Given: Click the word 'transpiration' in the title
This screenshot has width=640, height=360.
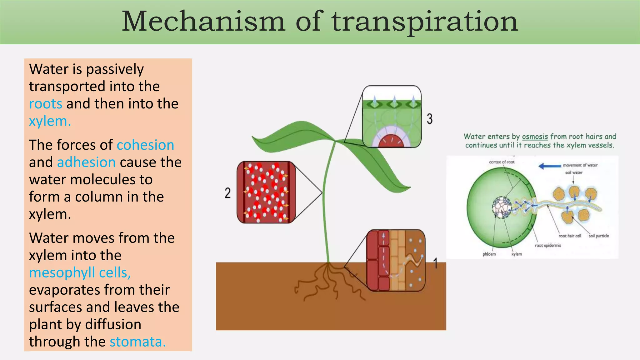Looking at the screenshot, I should coord(425,22).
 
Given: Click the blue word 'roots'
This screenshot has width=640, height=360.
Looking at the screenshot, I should coord(45,104).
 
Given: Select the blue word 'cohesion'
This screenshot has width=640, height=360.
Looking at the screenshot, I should coord(145,145).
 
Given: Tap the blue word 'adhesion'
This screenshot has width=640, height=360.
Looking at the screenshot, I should coord(86,162).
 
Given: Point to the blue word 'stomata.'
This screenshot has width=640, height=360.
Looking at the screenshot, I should coord(137,342).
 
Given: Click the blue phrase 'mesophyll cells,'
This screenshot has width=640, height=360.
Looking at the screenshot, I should coord(80,272).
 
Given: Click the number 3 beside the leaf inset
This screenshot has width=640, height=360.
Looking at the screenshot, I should coord(430,119).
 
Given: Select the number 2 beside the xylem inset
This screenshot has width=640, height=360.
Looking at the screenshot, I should coord(227,193).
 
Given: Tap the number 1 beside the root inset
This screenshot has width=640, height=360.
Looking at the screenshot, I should coord(435,263).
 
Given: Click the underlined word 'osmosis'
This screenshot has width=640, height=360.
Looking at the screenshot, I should coord(535,137).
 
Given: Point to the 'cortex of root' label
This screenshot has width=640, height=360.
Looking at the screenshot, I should coord(502,162).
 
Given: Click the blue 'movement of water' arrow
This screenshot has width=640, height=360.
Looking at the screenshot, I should coord(550,166).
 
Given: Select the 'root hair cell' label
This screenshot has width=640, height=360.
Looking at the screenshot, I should coord(570,236).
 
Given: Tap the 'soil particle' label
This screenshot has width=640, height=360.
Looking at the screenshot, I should coord(599,236).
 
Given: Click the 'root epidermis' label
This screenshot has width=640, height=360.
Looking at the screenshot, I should coord(548,246).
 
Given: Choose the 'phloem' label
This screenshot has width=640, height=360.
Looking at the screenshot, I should coord(489,254).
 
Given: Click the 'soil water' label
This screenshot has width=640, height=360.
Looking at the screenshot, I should coord(574,172).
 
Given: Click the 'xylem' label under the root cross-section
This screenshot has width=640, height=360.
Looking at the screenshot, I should coord(517,254).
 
